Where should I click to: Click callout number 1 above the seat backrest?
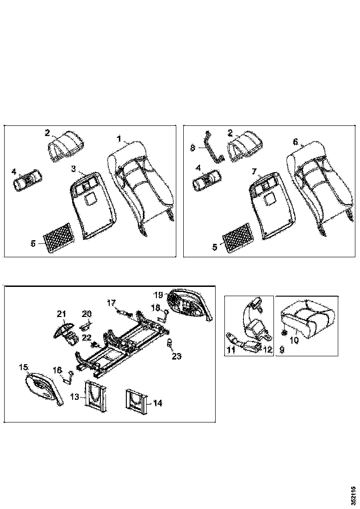point(119,138)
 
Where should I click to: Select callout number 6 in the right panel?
point(296,142)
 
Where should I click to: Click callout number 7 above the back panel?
point(254,171)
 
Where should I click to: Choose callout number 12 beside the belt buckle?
point(267,350)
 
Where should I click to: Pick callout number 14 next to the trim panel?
point(158,403)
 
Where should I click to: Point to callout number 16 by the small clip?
point(57,370)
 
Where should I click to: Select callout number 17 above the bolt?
point(111,303)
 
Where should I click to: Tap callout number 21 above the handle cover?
point(62,314)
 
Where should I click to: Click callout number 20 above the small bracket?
point(87,314)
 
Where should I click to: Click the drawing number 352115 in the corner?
point(354,495)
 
